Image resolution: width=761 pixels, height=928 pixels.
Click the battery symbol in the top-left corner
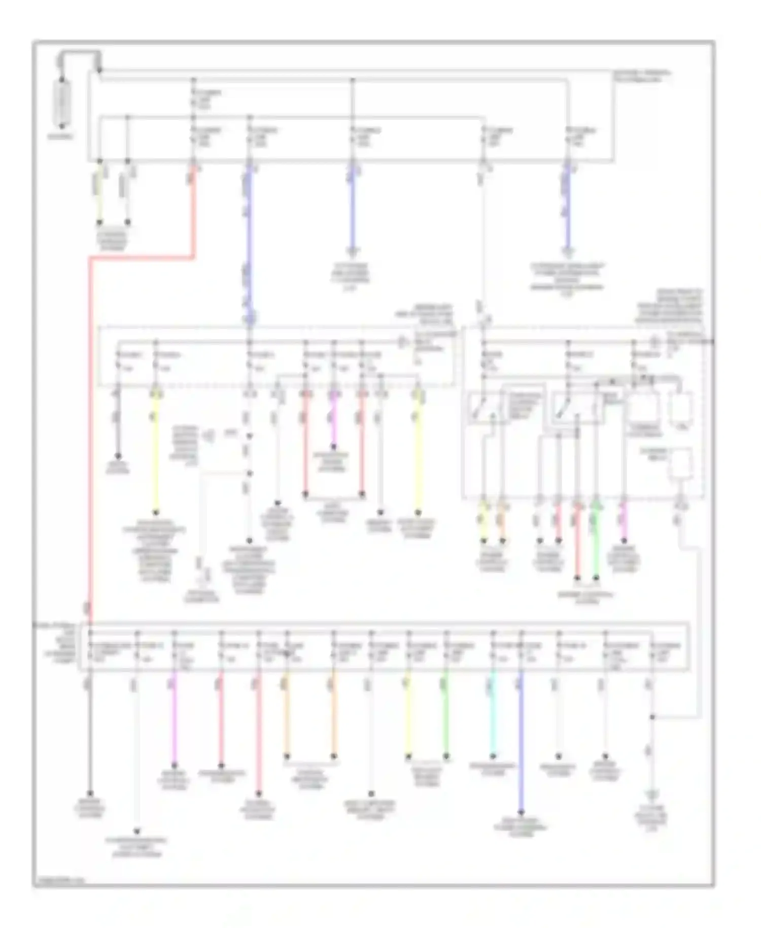click(62, 102)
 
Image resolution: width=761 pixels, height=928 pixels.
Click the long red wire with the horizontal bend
click(90, 406)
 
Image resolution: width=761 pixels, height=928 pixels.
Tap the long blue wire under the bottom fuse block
click(521, 746)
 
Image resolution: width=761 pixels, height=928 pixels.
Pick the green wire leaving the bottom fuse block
click(446, 716)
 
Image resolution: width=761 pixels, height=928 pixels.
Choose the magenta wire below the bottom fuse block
click(174, 721)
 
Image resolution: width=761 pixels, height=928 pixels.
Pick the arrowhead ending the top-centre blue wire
click(353, 251)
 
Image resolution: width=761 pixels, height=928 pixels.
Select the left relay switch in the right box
click(483, 409)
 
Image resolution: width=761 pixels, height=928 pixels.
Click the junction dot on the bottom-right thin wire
click(652, 718)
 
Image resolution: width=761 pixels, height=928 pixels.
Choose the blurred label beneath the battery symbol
click(61, 137)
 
